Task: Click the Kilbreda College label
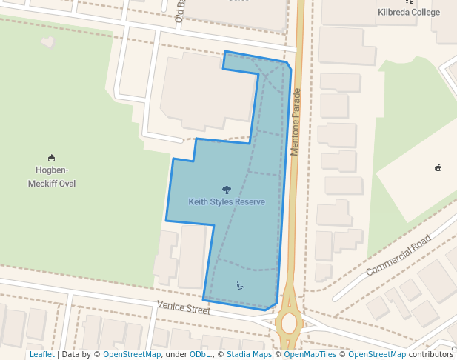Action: coord(409,13)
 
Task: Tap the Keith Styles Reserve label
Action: coord(227,201)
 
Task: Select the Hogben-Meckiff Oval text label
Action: coord(52,177)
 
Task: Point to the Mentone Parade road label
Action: coord(296,121)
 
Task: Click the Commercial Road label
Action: coord(398,256)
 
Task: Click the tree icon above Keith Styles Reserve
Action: coord(227,190)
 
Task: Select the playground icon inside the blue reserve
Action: coord(240,286)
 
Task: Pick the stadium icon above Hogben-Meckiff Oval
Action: coord(52,157)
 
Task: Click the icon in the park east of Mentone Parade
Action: coord(438,168)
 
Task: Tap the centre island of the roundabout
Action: coord(288,324)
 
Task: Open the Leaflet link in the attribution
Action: coord(42,355)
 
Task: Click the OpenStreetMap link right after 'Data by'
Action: coord(132,355)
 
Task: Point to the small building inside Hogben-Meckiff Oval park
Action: coord(49,41)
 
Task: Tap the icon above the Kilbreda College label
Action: coord(410,1)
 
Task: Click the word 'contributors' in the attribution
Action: coord(431,355)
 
